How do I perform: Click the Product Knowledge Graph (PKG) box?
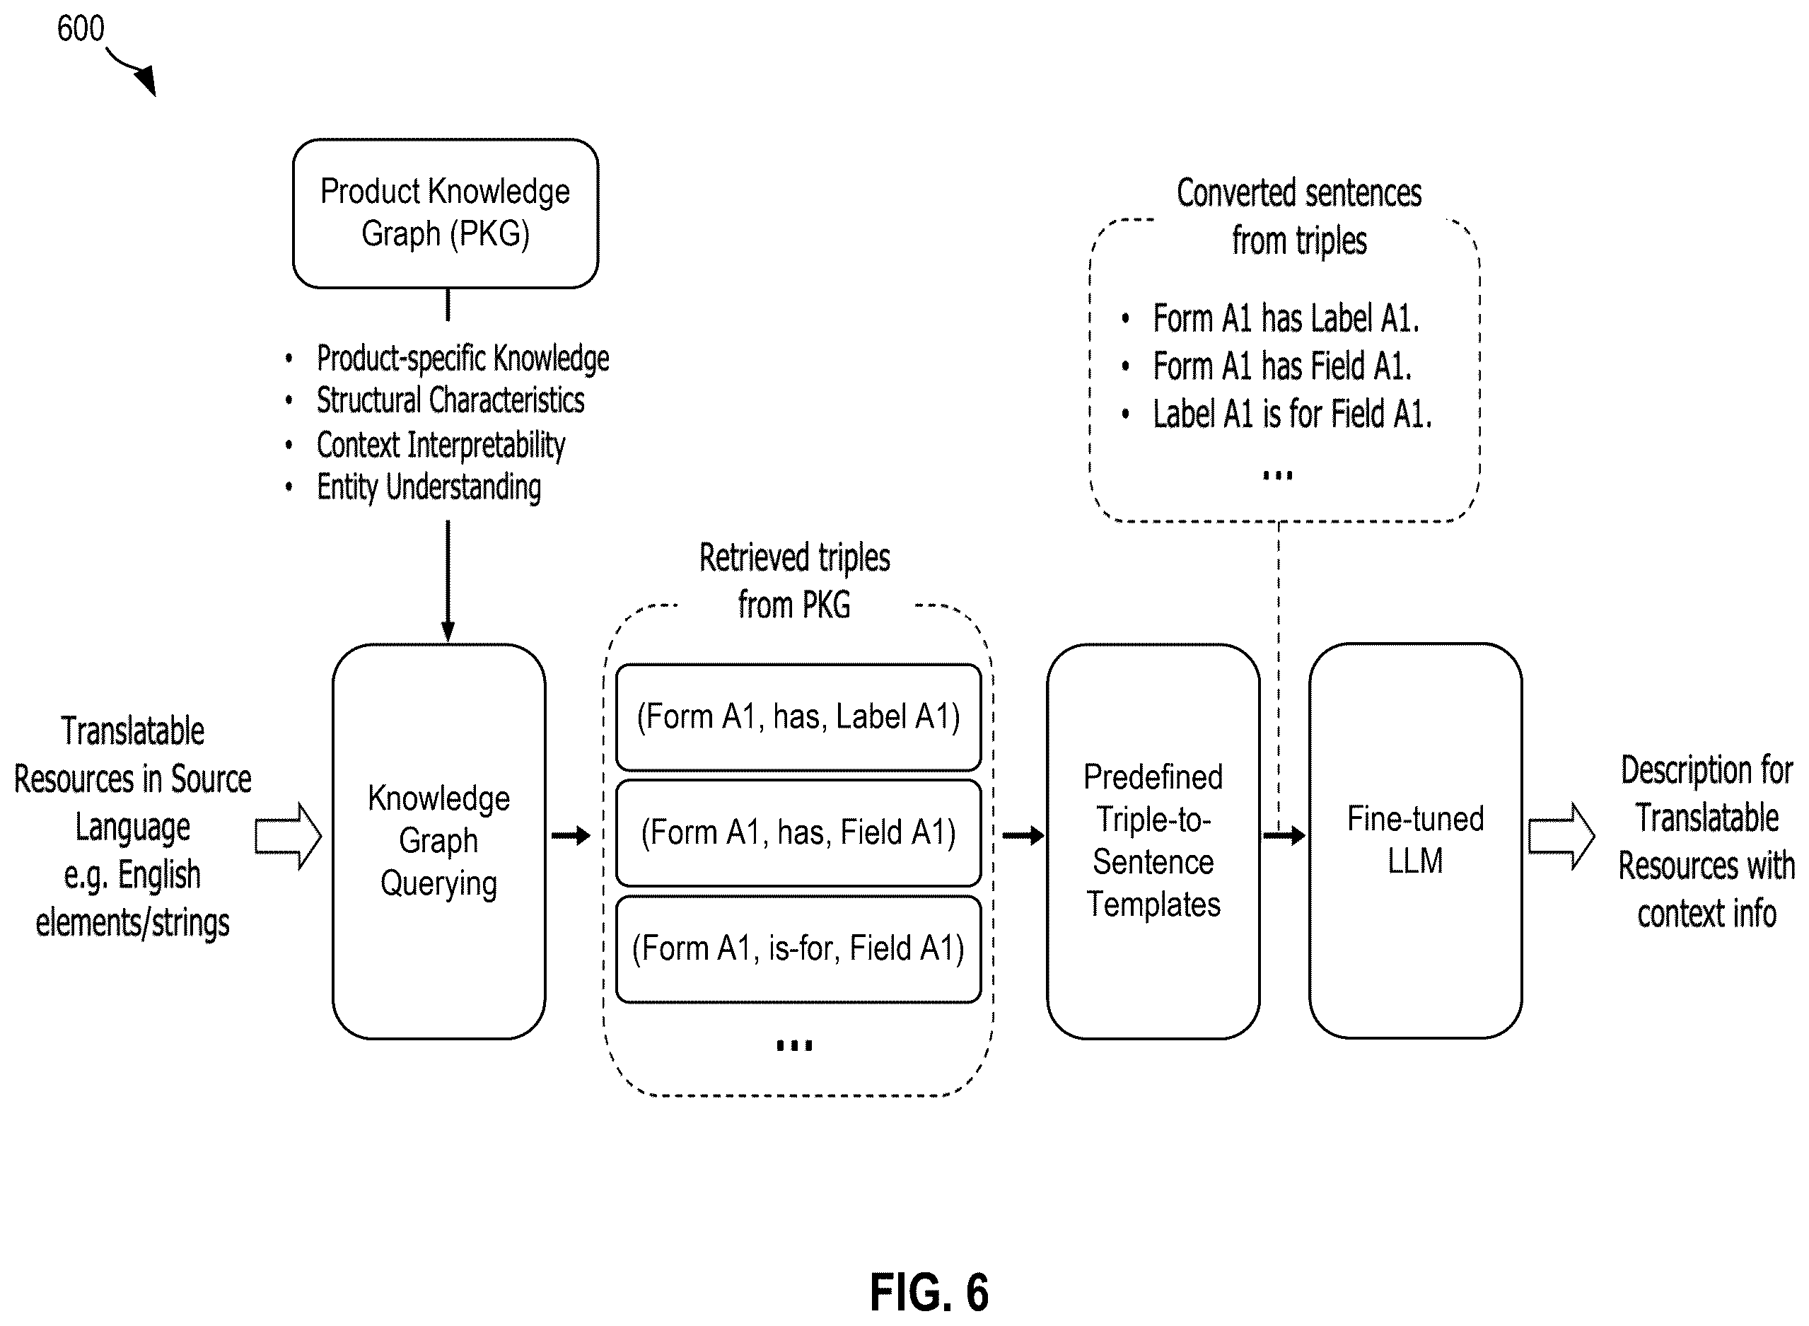[446, 214]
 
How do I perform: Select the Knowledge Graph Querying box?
[439, 841]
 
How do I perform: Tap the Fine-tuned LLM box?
[1415, 840]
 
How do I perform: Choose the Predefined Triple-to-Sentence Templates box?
[1153, 841]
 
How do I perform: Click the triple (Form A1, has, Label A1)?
[798, 718]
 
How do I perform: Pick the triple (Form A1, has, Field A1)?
[798, 833]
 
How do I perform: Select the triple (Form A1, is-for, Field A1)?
[798, 950]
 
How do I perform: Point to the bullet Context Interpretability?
[441, 445]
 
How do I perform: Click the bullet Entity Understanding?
[429, 487]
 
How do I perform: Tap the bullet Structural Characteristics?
[450, 400]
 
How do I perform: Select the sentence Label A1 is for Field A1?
[1292, 414]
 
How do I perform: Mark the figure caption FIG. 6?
[929, 1293]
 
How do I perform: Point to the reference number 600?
[80, 29]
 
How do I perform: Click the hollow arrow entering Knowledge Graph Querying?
[288, 837]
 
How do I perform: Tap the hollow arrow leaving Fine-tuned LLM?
[1561, 837]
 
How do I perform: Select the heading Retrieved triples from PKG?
[795, 581]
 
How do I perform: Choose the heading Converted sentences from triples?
[1299, 216]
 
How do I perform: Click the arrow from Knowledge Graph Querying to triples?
[571, 837]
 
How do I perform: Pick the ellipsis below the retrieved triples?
[795, 1045]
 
